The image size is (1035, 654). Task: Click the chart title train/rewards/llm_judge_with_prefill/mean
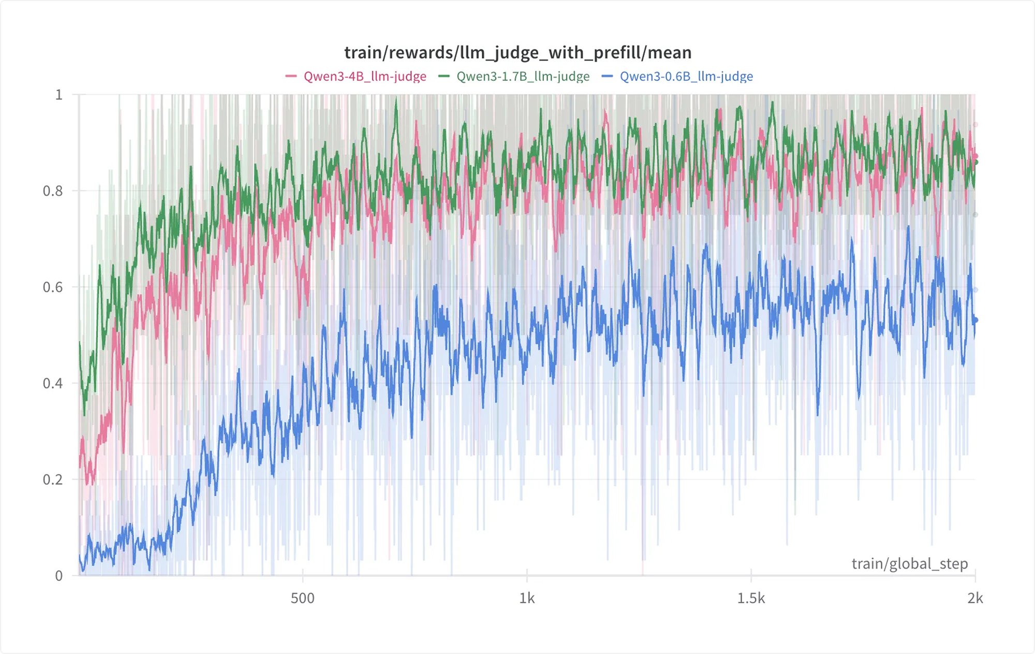tap(517, 52)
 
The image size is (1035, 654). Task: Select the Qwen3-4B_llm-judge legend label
tap(365, 77)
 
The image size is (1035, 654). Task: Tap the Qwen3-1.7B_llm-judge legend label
tap(523, 77)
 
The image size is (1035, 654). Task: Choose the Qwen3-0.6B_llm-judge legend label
tap(686, 77)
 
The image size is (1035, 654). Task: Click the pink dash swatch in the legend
tap(291, 77)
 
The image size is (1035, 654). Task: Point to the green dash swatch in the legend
tap(443, 77)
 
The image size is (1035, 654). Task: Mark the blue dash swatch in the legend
tap(607, 77)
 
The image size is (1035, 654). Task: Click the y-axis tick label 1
tap(59, 95)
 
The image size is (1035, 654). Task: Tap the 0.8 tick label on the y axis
tap(52, 191)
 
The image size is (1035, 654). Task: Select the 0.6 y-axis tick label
tap(52, 287)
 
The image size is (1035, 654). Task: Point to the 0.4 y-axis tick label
tap(52, 384)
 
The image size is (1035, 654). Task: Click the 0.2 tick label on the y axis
tap(52, 479)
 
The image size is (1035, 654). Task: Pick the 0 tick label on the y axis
tap(59, 576)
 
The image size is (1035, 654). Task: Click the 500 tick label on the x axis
tap(302, 599)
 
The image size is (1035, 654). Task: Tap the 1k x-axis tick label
tap(527, 599)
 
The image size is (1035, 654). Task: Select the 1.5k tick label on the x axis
tap(751, 599)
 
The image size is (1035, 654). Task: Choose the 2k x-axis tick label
tap(975, 599)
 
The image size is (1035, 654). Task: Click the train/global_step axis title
tap(909, 563)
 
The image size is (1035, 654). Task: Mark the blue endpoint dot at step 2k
tap(975, 321)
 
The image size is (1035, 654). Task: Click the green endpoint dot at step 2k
tap(975, 162)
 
